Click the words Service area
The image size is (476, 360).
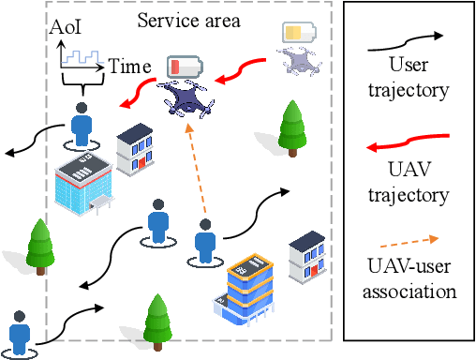188,18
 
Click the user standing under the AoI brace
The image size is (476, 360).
82,125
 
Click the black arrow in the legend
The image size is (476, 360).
409,37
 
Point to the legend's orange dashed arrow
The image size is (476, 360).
409,239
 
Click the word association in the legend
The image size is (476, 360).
409,292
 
